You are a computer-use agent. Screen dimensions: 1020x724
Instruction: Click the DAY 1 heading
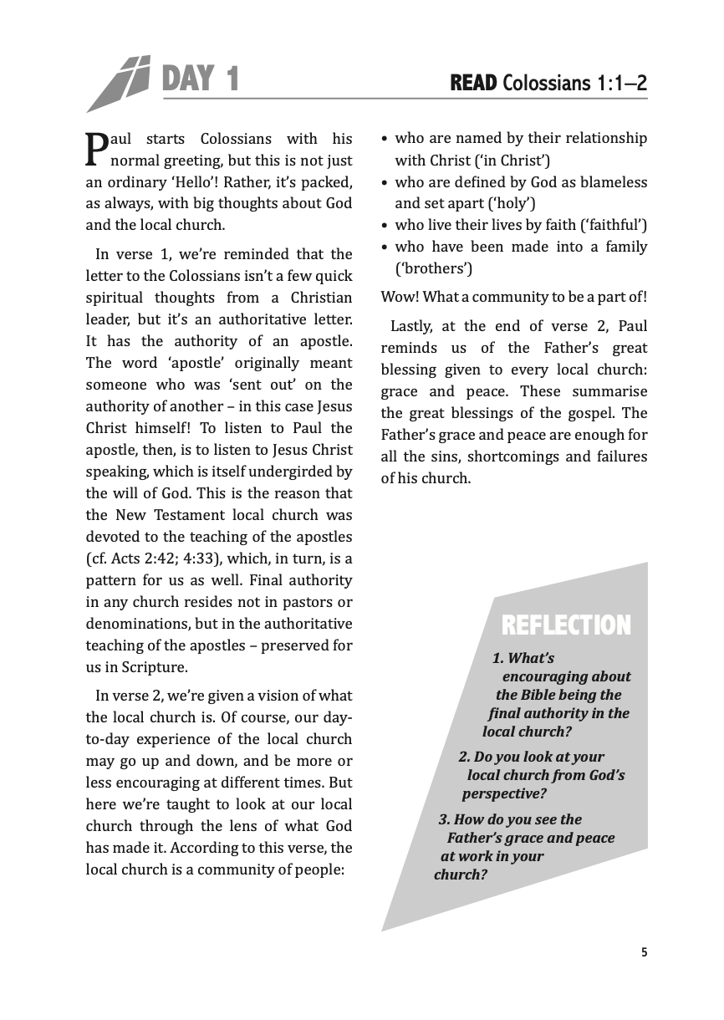pyautogui.click(x=200, y=80)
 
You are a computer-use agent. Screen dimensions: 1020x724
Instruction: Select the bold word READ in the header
pyautogui.click(x=474, y=83)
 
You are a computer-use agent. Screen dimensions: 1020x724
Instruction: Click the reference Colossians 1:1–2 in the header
pyautogui.click(x=576, y=83)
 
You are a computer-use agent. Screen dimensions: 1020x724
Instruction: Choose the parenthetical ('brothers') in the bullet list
pyautogui.click(x=433, y=268)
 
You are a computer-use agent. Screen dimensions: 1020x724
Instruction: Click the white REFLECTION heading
pyautogui.click(x=566, y=625)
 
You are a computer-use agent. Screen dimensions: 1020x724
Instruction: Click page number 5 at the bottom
pyautogui.click(x=644, y=951)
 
